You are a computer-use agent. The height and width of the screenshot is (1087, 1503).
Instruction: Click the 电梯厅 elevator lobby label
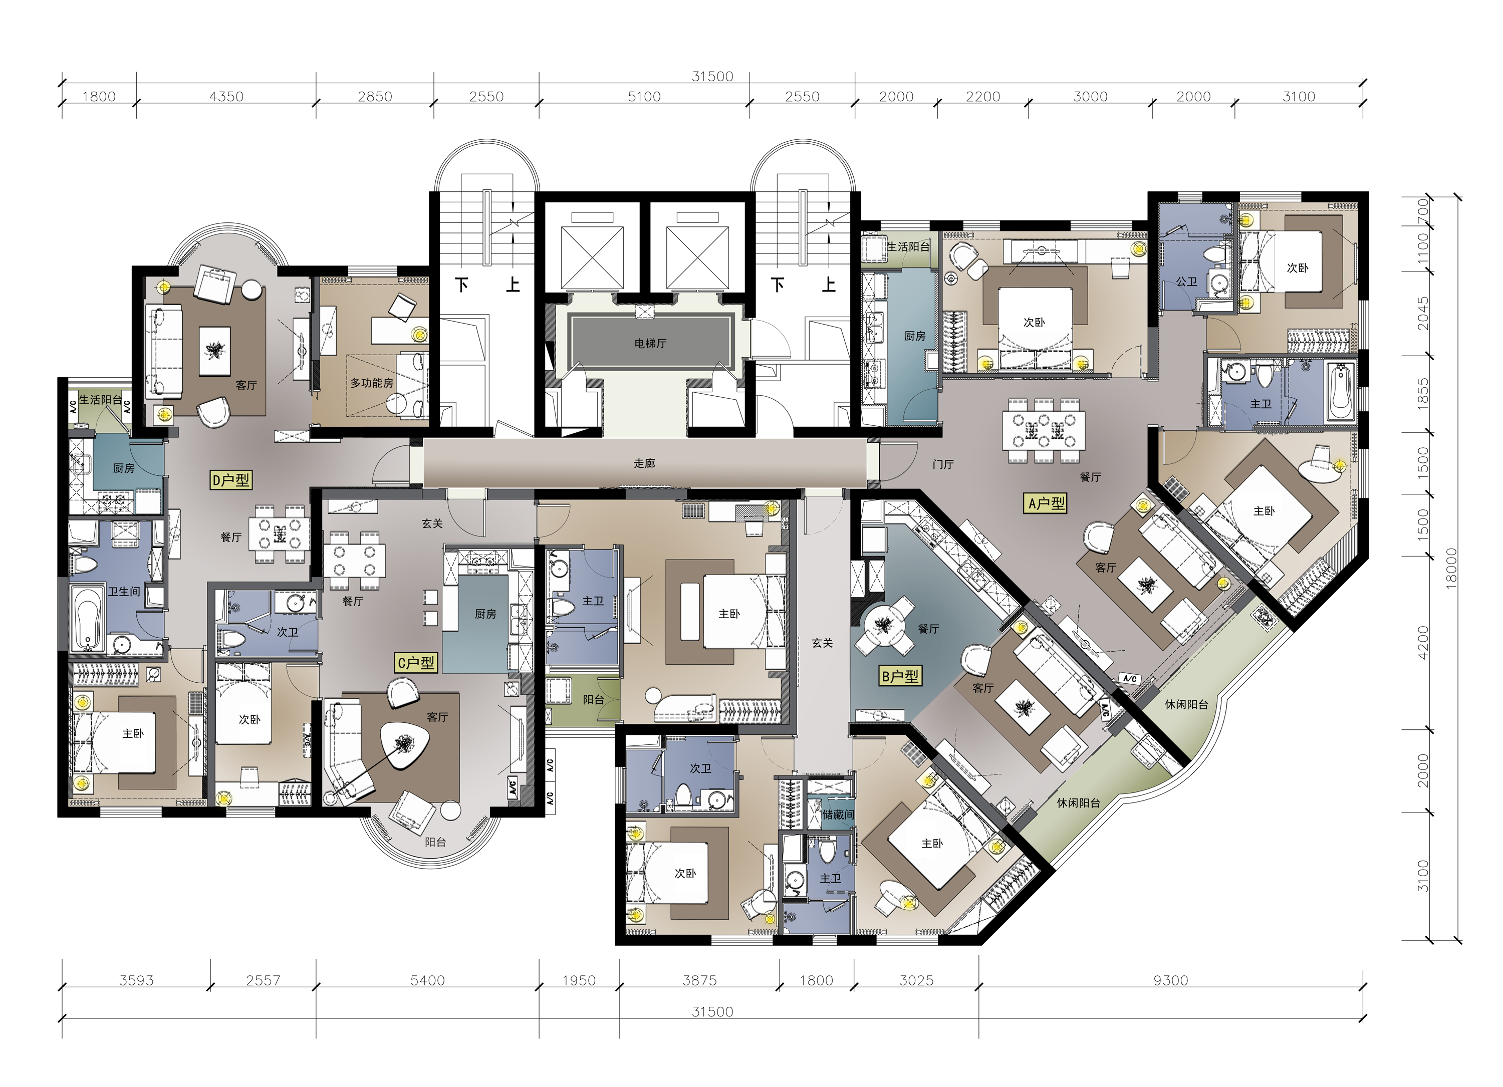tap(650, 343)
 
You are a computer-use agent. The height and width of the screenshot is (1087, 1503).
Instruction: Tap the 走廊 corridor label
tap(644, 463)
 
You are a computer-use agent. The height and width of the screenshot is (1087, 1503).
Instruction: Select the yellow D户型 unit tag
tap(230, 479)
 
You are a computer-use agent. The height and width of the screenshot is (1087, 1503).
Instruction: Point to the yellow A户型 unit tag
tap(1047, 503)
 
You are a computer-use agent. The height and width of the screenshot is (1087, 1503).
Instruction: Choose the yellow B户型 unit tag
tap(900, 676)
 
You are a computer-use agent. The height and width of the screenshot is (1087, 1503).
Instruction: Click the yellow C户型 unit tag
tap(416, 662)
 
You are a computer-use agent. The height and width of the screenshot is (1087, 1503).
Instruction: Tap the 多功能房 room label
tap(372, 383)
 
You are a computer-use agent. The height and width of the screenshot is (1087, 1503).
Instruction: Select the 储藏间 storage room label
tap(838, 814)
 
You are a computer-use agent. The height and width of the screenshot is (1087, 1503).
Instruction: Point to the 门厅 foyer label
tap(942, 464)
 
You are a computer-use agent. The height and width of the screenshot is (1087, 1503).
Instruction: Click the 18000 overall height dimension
tap(1451, 568)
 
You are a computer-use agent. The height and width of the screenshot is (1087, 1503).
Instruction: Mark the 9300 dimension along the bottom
tap(1170, 980)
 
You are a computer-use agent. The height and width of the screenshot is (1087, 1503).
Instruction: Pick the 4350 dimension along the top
tap(226, 97)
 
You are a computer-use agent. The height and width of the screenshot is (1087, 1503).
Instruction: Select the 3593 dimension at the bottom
tap(136, 980)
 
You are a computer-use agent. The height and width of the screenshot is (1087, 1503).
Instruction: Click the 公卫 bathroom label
tap(1186, 282)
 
